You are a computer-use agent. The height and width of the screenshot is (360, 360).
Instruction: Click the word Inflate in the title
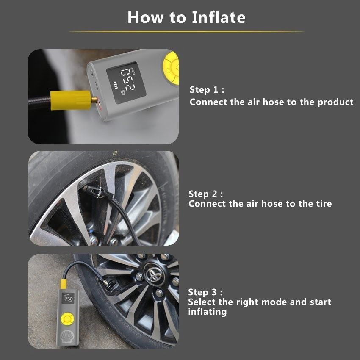(x=219, y=17)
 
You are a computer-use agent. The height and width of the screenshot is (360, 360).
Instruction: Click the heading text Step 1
(x=207, y=89)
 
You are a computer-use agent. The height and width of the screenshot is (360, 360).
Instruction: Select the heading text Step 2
(x=206, y=194)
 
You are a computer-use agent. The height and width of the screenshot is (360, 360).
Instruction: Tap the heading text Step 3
(x=205, y=292)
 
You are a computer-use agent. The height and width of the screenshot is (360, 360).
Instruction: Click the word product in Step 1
(x=335, y=102)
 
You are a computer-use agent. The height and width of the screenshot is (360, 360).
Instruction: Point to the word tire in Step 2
(x=324, y=204)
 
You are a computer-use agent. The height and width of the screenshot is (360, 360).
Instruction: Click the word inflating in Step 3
(x=208, y=312)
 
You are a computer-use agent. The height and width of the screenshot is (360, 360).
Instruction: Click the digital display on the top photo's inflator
(x=126, y=83)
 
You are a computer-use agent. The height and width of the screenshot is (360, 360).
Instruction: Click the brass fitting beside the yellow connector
(x=94, y=100)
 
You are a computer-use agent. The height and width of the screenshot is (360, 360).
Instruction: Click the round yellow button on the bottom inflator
(x=67, y=319)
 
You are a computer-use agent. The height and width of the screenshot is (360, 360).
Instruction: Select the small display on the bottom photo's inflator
(x=68, y=298)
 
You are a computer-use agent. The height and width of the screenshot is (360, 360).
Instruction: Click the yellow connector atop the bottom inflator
(x=64, y=284)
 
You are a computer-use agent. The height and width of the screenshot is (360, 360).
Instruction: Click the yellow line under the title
(x=186, y=32)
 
